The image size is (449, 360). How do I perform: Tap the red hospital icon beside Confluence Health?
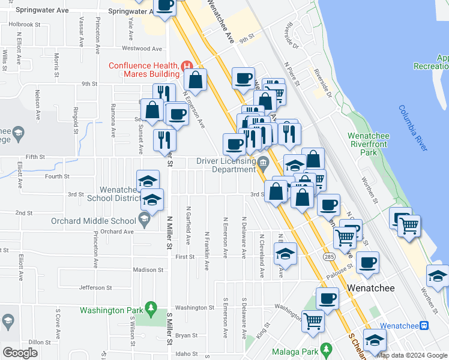point(187,65)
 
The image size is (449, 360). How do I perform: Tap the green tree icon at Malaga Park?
point(326,348)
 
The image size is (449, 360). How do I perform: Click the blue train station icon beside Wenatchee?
point(424,325)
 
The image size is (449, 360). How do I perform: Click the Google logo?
point(20,352)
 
